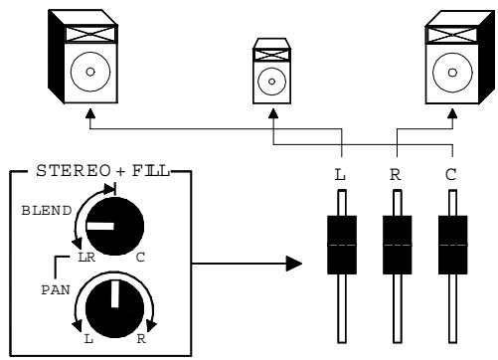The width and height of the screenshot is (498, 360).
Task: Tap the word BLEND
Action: pos(40,212)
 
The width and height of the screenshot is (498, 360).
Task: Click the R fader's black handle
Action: pos(399,244)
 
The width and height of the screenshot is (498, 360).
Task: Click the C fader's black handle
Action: pos(453,244)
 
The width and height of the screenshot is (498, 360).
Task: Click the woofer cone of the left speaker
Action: pos(91,73)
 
